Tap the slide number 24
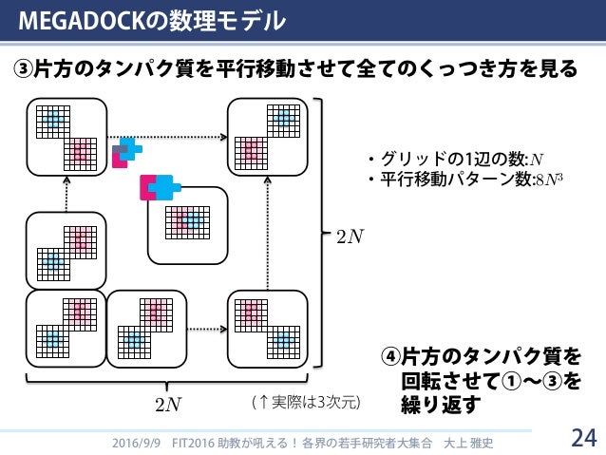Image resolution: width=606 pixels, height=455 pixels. [x=582, y=438]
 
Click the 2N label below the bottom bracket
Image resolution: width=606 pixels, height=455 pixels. [x=167, y=405]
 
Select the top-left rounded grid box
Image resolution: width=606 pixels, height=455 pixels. [x=66, y=135]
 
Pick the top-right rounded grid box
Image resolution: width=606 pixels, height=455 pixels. [x=268, y=135]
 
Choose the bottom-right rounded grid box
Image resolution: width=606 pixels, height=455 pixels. [x=268, y=325]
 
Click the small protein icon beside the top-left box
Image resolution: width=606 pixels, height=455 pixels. [x=125, y=151]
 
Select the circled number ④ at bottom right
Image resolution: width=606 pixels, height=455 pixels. [x=390, y=356]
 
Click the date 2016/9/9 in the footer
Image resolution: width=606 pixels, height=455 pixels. [x=137, y=443]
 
